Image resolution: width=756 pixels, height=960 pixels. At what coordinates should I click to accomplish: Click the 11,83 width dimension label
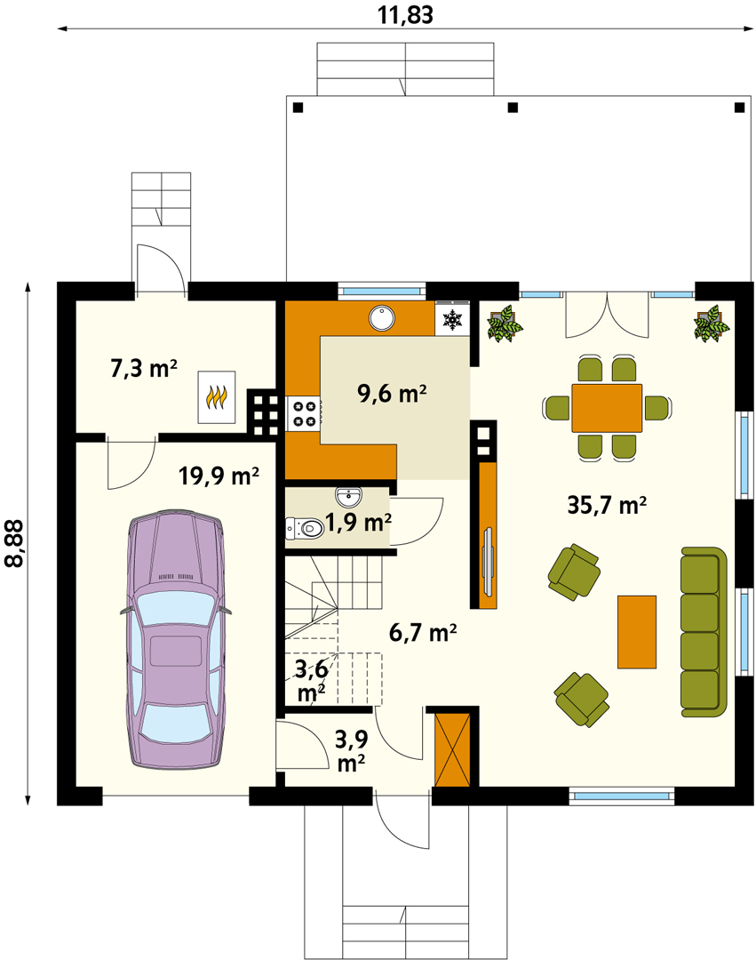405,14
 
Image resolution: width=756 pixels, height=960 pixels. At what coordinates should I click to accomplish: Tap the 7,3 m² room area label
144,369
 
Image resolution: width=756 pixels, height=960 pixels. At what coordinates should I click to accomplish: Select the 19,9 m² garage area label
219,475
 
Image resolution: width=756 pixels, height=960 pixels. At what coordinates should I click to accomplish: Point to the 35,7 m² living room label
607,505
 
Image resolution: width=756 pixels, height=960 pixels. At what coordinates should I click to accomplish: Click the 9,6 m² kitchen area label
392,393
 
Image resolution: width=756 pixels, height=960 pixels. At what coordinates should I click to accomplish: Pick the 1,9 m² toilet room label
358,523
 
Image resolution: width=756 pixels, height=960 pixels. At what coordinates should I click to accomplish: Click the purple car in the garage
176,638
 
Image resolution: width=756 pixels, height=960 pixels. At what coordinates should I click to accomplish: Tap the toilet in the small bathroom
305,528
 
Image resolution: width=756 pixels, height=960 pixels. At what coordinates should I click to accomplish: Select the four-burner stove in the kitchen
304,413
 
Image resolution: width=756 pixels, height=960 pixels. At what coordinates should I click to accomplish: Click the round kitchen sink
382,318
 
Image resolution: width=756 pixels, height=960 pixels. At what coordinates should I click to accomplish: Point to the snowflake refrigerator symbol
452,319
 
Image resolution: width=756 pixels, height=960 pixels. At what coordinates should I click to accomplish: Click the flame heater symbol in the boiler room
217,396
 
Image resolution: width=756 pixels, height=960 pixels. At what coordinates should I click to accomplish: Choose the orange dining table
607,408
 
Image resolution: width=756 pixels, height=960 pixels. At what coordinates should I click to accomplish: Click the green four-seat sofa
704,632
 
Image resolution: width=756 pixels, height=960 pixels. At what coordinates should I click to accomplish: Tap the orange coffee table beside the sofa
637,632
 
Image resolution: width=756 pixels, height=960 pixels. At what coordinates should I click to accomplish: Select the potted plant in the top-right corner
712,324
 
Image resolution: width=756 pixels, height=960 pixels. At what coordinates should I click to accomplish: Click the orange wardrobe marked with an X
452,750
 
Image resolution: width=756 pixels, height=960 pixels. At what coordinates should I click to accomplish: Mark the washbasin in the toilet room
348,497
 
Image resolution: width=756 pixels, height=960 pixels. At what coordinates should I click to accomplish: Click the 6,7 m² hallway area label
423,632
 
